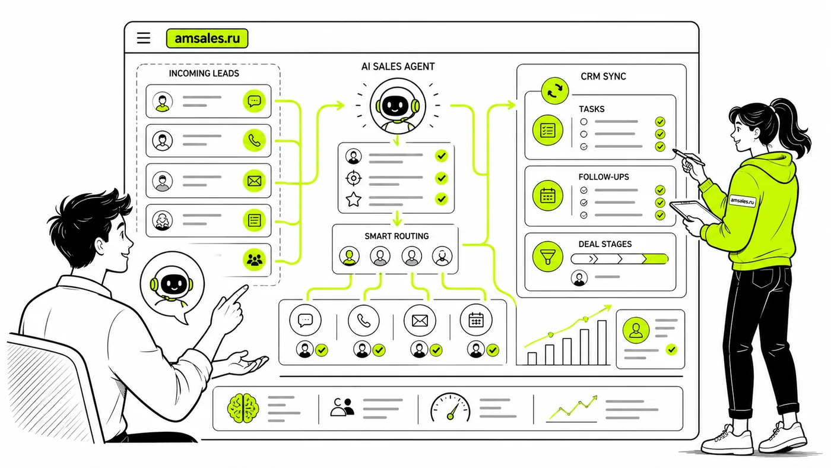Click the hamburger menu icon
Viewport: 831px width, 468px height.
tap(144, 38)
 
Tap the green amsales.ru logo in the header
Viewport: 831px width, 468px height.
tap(207, 38)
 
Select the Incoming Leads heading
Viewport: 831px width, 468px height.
tap(204, 74)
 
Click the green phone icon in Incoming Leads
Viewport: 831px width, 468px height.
tap(254, 141)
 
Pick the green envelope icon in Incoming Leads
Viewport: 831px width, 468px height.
tap(254, 181)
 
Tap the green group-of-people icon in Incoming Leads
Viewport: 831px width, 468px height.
tap(254, 260)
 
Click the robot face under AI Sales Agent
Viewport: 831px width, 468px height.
tap(398, 106)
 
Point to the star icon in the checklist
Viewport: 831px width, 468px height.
tap(354, 200)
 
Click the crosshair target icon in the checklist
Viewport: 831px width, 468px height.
tap(354, 178)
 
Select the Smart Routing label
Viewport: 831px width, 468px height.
tap(397, 236)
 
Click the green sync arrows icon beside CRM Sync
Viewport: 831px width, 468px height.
tap(554, 90)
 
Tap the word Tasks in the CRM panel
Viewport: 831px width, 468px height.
tap(592, 109)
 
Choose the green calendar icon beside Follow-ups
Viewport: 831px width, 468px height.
tap(547, 195)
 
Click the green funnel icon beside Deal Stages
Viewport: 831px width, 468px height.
tap(547, 257)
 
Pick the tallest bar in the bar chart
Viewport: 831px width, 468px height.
tap(602, 343)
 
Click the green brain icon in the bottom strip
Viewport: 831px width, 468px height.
tap(243, 408)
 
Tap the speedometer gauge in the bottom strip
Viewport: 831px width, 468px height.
tap(451, 407)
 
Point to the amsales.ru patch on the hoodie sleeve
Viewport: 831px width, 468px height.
tap(743, 201)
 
